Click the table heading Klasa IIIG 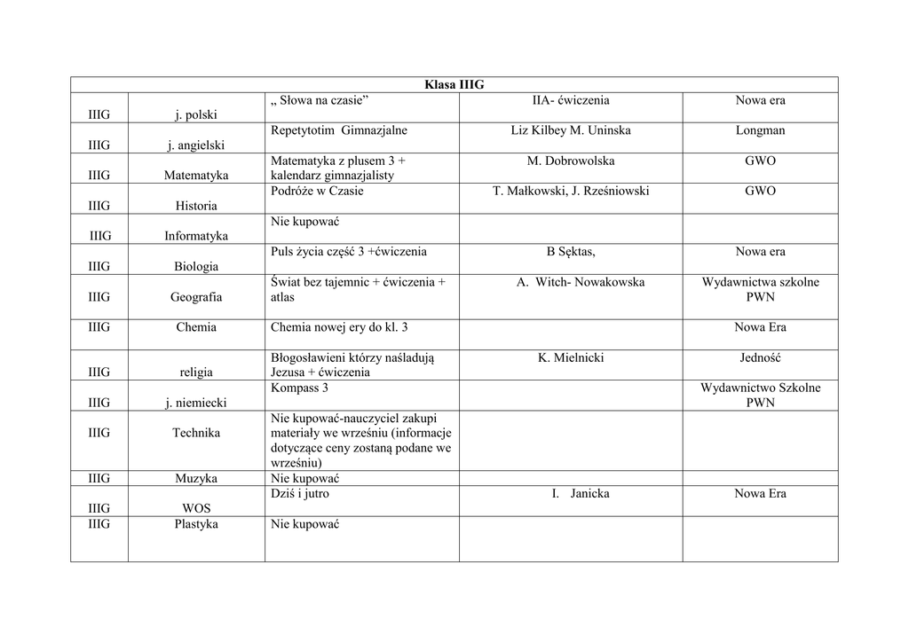tap(454, 85)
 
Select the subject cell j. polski tap(196, 115)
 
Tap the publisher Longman tap(760, 130)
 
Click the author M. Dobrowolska tap(571, 161)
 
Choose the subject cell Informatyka tap(196, 236)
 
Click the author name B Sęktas tap(571, 251)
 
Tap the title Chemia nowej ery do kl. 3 tap(339, 327)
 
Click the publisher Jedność tap(760, 357)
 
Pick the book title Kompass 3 tap(299, 388)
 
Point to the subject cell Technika tap(196, 433)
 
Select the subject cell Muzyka tap(196, 478)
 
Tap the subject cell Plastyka tap(196, 524)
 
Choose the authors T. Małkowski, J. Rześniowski tap(571, 191)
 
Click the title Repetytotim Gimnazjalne tap(338, 130)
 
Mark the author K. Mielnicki tap(571, 357)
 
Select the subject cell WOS tap(196, 508)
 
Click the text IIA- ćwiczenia tap(571, 100)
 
